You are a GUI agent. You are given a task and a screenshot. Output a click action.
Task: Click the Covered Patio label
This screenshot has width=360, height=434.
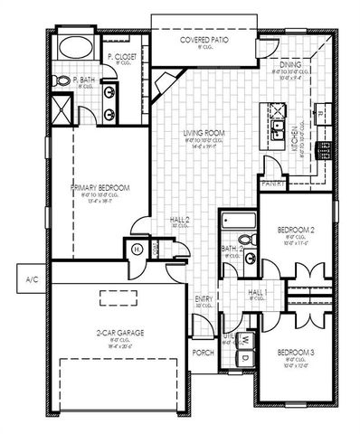pyautogui.click(x=203, y=42)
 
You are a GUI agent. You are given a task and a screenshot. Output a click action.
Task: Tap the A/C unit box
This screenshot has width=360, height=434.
pyautogui.click(x=30, y=278)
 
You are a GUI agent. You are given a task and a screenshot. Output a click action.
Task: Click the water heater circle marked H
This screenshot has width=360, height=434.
pyautogui.click(x=138, y=250)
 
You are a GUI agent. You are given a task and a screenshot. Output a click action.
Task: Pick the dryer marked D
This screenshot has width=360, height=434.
pyautogui.click(x=244, y=357)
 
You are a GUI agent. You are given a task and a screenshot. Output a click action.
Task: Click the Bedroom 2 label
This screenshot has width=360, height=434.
pyautogui.click(x=295, y=231)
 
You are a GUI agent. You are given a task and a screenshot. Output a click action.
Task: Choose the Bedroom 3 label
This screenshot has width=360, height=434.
pyautogui.click(x=294, y=352)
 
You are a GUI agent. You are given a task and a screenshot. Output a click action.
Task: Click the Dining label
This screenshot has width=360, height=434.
pyautogui.click(x=291, y=64)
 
